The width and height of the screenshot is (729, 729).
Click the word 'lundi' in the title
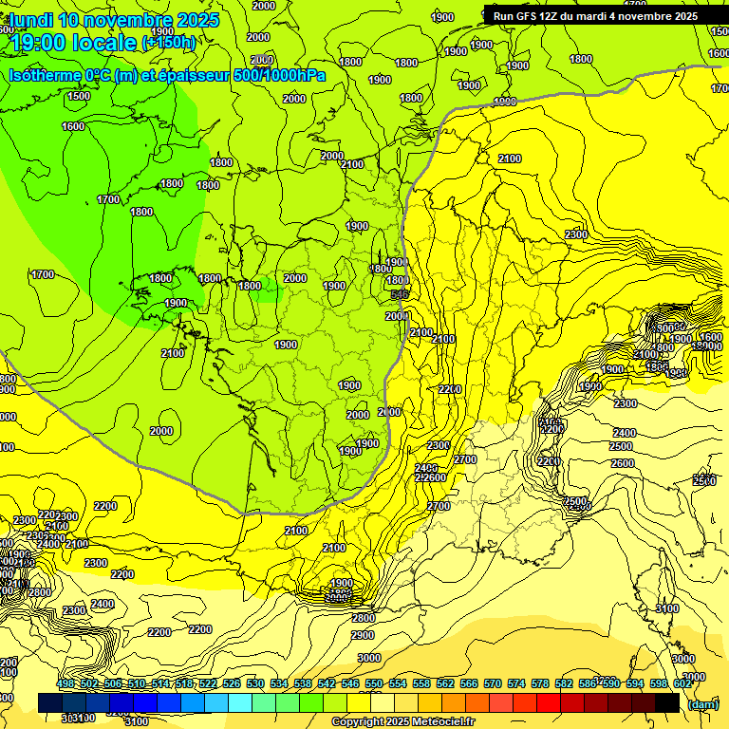pyautogui.click(x=32, y=20)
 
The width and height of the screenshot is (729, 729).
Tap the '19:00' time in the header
pyautogui.click(x=39, y=43)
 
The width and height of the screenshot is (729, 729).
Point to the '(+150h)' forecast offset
pyautogui.click(x=169, y=43)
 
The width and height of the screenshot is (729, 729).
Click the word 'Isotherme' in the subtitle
pyautogui.click(x=44, y=75)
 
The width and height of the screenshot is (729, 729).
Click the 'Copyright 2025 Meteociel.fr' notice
pyautogui.click(x=403, y=721)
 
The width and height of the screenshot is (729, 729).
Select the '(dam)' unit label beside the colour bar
pyautogui.click(x=702, y=703)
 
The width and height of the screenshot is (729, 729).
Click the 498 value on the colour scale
pyautogui.click(x=65, y=684)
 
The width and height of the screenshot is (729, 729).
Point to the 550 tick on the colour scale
pyautogui.click(x=374, y=684)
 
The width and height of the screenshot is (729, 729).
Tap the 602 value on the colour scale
pyautogui.click(x=682, y=684)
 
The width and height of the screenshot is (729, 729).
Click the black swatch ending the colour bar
pyautogui.click(x=667, y=702)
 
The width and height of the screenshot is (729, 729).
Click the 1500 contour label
pyautogui.click(x=79, y=96)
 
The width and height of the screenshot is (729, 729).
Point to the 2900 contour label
pyautogui.click(x=363, y=635)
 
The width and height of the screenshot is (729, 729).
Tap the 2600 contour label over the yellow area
pyautogui.click(x=623, y=463)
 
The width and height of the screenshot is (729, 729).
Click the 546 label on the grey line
pyautogui.click(x=400, y=296)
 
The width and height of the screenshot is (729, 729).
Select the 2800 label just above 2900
pyautogui.click(x=363, y=618)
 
